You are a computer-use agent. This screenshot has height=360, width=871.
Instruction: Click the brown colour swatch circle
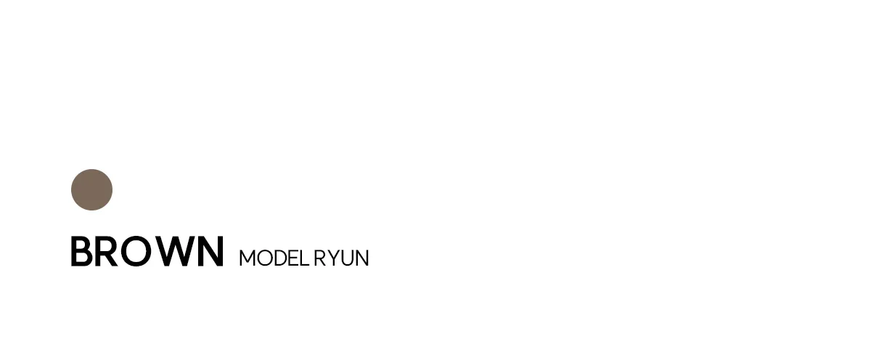(91, 189)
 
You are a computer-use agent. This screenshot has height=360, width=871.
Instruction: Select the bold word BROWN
(147, 252)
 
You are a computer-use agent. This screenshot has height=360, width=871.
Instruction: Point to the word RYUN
(341, 258)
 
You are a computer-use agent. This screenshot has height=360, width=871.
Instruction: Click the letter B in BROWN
(81, 252)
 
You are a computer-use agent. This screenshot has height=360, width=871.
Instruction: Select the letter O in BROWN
(136, 252)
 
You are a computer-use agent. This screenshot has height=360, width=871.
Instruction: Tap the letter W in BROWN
(175, 252)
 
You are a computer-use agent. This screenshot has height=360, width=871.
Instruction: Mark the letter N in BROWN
(210, 252)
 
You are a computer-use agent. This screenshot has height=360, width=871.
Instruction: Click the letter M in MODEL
(248, 258)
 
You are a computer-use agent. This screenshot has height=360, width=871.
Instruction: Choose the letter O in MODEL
(265, 258)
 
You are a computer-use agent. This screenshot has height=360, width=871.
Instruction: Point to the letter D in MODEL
(282, 258)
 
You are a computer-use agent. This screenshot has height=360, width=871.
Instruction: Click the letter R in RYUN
(320, 258)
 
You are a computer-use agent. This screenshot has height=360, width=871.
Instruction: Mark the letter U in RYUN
(347, 258)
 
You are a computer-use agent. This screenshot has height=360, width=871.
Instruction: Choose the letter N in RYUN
(362, 258)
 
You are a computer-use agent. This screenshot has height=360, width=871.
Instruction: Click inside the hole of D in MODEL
(282, 258)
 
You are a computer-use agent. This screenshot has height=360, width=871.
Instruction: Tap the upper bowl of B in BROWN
(83, 245)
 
